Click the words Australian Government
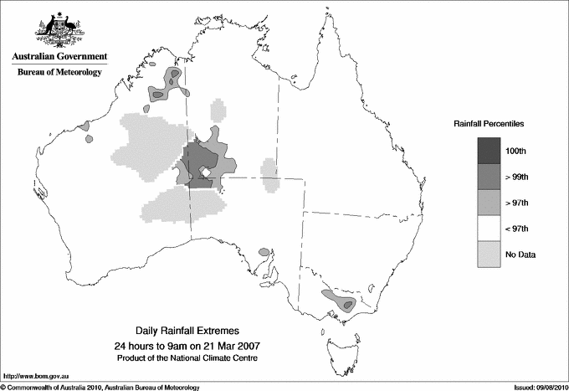coord(59,57)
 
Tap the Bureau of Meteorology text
coord(59,73)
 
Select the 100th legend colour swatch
coord(489,151)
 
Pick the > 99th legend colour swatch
coord(489,177)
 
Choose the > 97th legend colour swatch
coord(489,203)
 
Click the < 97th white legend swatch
coord(489,229)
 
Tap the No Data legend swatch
coord(489,255)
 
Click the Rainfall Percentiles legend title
coord(489,123)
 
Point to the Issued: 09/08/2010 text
coord(536,387)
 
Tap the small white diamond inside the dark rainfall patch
coord(203,172)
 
